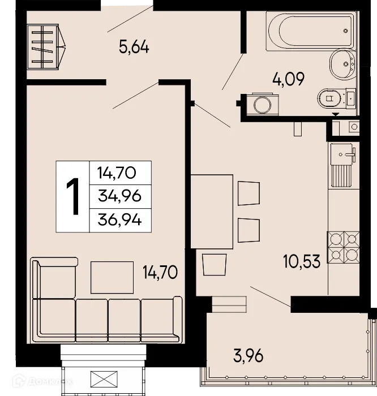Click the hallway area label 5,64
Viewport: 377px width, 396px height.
134,48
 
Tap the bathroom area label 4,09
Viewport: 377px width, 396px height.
288,79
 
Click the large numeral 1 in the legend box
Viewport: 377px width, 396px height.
72,196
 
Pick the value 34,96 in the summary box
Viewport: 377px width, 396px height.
119,196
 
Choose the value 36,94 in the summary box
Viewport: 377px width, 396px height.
119,219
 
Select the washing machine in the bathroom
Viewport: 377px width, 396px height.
262,104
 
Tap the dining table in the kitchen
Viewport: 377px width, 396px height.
212,211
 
